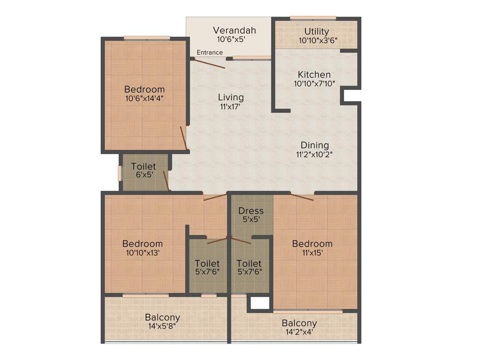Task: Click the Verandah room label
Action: [x=234, y=30]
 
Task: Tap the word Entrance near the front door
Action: [x=210, y=52]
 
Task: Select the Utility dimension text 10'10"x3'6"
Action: [x=317, y=40]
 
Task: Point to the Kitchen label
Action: [x=314, y=75]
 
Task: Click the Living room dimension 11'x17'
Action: [x=231, y=106]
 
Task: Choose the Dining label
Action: [x=315, y=145]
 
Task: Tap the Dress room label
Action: [x=251, y=211]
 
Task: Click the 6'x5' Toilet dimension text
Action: [x=143, y=175]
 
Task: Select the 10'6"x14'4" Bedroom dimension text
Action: [x=144, y=98]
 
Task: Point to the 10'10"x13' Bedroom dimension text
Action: [x=142, y=253]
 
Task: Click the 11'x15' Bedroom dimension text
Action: [x=312, y=253]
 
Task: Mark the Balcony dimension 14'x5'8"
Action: [x=162, y=326]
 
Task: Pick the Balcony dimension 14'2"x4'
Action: [x=299, y=332]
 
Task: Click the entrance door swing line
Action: [x=210, y=63]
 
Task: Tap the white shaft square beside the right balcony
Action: [x=260, y=303]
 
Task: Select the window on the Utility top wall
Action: [x=313, y=18]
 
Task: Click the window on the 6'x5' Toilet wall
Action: [x=120, y=172]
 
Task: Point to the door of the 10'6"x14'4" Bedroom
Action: [x=185, y=139]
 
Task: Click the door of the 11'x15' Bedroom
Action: [x=302, y=196]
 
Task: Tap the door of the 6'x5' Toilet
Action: [x=166, y=181]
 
